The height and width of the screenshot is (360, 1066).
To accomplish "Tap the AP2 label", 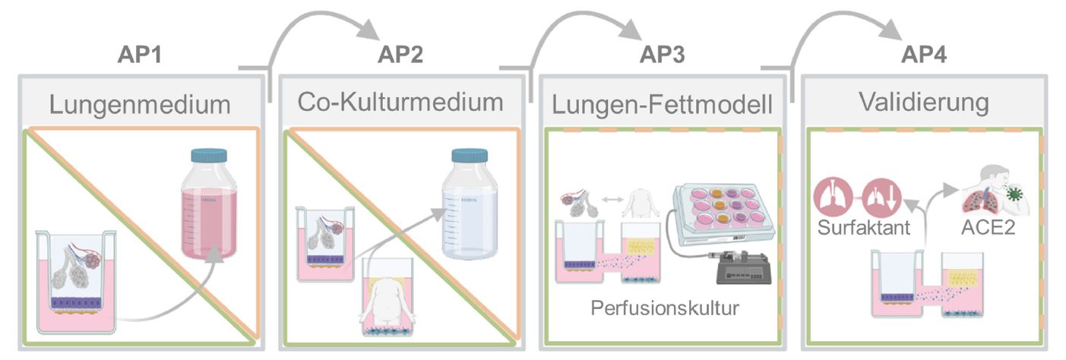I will [400, 55].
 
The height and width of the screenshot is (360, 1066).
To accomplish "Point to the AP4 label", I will [924, 55].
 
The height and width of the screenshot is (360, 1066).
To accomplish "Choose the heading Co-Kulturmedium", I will [401, 102].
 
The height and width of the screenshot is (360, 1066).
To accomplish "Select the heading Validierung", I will [924, 102].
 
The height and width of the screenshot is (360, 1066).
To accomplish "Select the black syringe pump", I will [741, 268].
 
